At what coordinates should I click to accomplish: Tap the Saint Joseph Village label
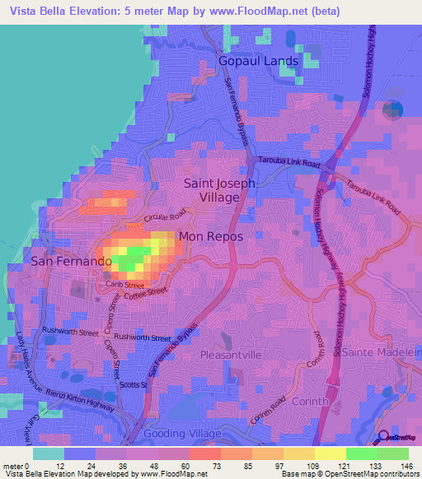click(x=218, y=190)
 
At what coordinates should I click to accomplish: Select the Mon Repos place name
click(x=212, y=235)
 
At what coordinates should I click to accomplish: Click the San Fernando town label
click(x=71, y=261)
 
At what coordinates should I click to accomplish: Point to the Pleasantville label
click(x=231, y=354)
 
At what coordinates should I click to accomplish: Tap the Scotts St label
click(x=132, y=384)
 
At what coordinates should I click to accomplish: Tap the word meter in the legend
click(x=13, y=465)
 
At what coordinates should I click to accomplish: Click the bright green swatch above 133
click(x=361, y=453)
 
